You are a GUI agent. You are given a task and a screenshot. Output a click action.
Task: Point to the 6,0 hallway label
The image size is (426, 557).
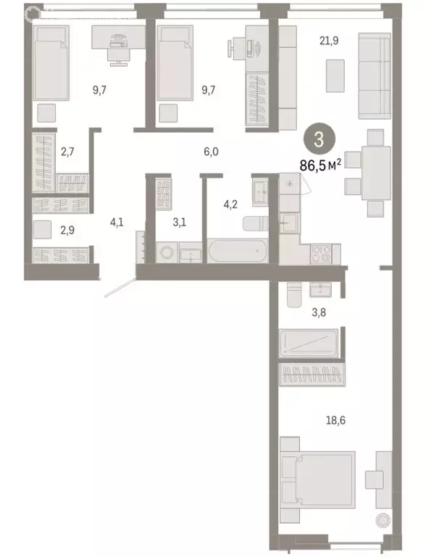click(x=210, y=152)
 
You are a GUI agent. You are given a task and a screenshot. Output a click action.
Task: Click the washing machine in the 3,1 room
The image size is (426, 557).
click(x=167, y=254)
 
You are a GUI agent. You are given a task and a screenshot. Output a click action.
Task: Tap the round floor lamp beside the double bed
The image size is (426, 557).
click(x=382, y=520)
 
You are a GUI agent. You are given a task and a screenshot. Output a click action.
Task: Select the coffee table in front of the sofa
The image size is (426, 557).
click(x=335, y=74)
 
